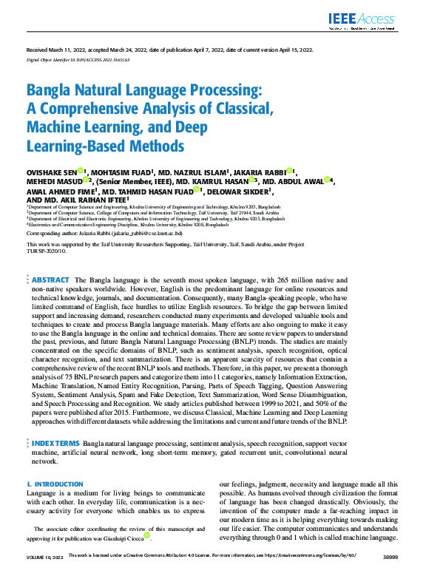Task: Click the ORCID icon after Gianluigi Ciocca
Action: (147, 535)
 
